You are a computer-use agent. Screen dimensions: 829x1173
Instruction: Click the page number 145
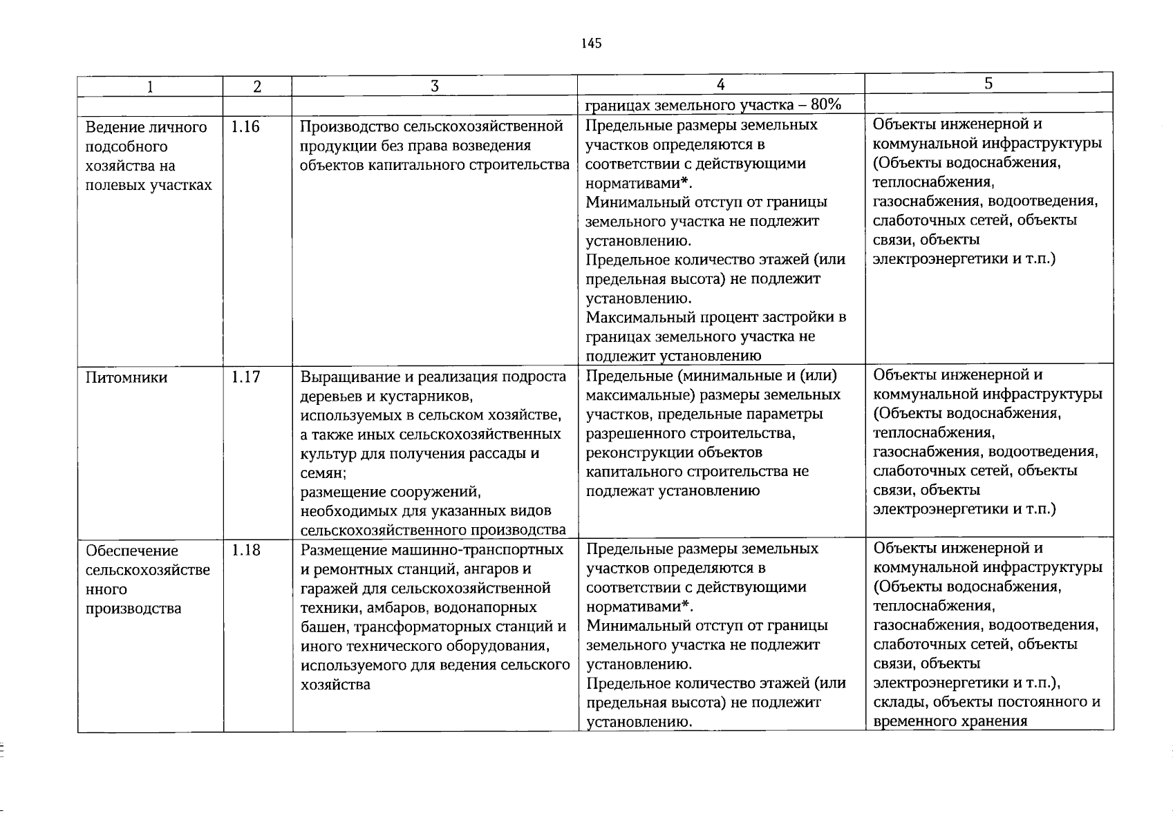[592, 44]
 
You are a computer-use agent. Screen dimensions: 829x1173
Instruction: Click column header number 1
[149, 86]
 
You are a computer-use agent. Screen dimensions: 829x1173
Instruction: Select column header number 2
[257, 86]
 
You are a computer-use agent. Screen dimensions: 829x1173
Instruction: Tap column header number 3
[434, 86]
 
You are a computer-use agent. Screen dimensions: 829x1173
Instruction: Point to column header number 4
[720, 84]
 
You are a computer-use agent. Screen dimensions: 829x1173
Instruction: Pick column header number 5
[988, 84]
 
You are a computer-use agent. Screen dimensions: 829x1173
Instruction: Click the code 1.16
[245, 126]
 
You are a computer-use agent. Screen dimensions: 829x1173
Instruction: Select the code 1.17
[245, 377]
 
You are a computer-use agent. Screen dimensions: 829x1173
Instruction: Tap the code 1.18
[245, 551]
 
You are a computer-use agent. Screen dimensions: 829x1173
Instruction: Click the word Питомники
[126, 378]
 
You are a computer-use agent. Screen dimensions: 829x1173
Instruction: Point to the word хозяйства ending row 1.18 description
[336, 685]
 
